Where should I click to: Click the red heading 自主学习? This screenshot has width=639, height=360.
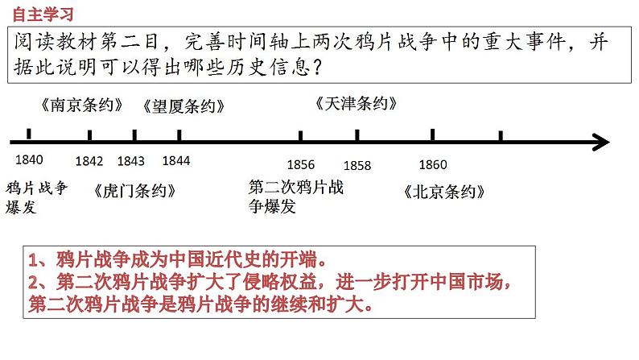tap(43, 14)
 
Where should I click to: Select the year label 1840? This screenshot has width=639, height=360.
tap(29, 159)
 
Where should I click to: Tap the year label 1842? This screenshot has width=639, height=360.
tap(89, 161)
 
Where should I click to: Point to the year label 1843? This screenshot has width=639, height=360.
tap(131, 161)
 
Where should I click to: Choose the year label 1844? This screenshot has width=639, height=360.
tap(176, 160)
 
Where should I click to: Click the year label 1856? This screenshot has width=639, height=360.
tap(301, 165)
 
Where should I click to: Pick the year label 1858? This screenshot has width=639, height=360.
tap(357, 166)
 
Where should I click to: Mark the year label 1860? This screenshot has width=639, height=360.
tap(433, 165)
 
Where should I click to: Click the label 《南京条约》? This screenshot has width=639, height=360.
tap(82, 106)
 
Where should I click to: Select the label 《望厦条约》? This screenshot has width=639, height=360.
tap(183, 106)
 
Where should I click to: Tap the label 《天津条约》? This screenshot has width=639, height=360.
tap(357, 104)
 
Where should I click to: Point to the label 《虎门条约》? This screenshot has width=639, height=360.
tap(134, 191)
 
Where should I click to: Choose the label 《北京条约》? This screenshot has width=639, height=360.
tap(444, 192)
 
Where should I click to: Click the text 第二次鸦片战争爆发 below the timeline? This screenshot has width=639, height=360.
tap(296, 197)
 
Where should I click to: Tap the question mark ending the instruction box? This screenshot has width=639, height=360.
tap(317, 67)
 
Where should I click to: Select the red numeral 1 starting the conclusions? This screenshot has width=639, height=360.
tap(33, 259)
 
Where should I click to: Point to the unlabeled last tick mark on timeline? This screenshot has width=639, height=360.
tap(501, 136)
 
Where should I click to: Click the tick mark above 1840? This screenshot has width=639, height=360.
tap(28, 134)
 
